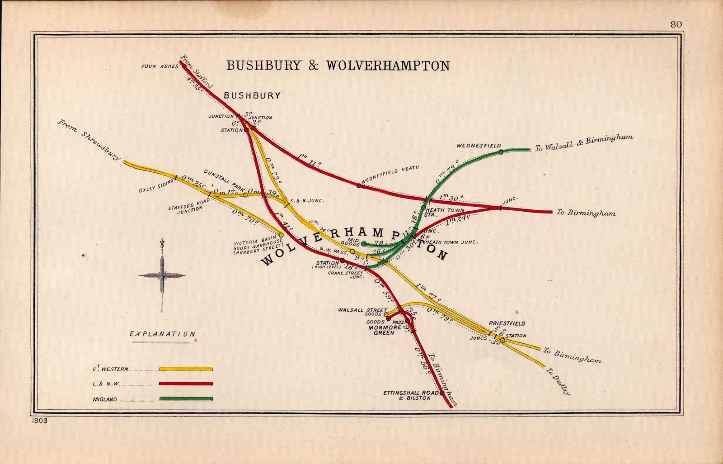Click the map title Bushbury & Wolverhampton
(x=338, y=66)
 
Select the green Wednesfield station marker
(x=501, y=152)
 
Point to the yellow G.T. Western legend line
(x=186, y=369)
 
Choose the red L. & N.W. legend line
(x=186, y=384)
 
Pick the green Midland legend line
(x=186, y=399)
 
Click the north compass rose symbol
(x=162, y=275)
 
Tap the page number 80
(x=676, y=24)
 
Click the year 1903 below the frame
(x=40, y=421)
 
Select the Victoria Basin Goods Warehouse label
(x=258, y=247)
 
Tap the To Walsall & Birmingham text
(x=584, y=143)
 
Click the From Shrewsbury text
(x=89, y=140)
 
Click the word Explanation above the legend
(x=162, y=334)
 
